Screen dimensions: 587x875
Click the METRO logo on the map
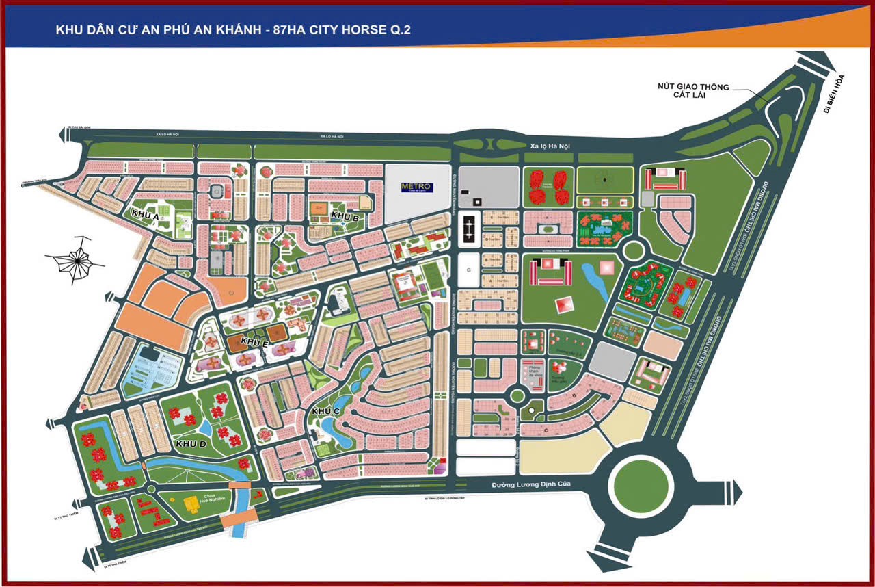click(x=416, y=187)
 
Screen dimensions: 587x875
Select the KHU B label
click(x=345, y=216)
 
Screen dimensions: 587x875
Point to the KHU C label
click(x=325, y=411)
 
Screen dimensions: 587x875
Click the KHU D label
click(x=191, y=444)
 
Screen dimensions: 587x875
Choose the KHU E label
click(x=254, y=341)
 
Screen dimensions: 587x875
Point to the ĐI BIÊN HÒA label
click(x=834, y=94)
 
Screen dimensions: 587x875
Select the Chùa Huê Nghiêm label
click(x=195, y=495)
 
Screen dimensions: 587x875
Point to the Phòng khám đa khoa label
click(x=533, y=373)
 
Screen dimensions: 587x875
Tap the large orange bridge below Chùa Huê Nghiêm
click(x=236, y=521)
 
